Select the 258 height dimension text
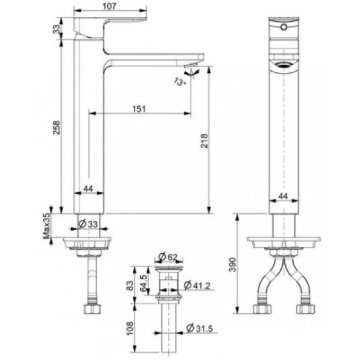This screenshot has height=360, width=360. click(57, 126)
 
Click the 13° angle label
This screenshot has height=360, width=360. click(179, 81)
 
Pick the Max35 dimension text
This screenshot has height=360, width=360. click(46, 226)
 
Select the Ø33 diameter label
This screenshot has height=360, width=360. click(88, 224)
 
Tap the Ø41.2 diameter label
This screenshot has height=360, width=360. click(197, 286)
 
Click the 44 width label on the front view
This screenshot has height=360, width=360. click(284, 196)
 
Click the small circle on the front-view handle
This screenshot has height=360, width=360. click(284, 27)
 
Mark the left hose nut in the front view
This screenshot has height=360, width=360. click(262, 308)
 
